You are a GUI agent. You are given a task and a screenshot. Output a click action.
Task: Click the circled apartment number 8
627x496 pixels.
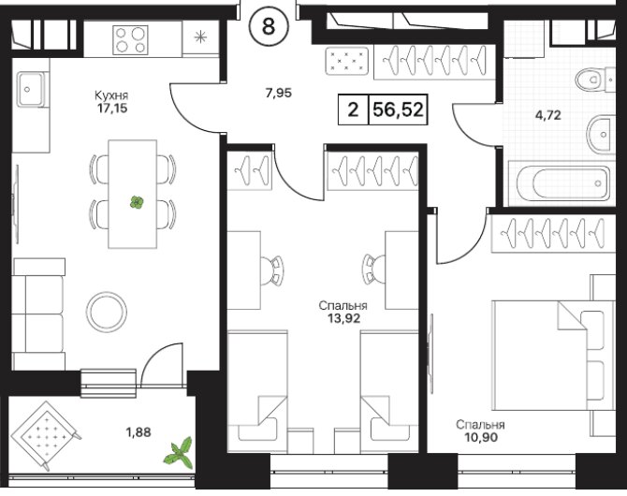pos(269,27)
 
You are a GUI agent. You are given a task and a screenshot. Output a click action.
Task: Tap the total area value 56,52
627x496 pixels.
pos(398,109)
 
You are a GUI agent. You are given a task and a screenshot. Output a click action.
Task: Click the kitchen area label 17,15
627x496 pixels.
pos(112,108)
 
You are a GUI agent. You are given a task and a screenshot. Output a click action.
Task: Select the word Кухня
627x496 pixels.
pos(111,95)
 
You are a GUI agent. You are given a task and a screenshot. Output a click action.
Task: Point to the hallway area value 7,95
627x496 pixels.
pos(279,94)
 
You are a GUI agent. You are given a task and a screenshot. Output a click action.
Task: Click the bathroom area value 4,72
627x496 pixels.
pos(548,116)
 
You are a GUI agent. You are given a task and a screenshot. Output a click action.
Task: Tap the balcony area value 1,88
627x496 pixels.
pos(139,432)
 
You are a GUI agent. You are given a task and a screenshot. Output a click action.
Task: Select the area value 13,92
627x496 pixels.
pos(343,318)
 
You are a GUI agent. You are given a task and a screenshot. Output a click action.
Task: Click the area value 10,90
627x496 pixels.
pos(481,437)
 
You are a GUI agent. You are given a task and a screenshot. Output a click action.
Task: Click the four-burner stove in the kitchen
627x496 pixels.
pos(130,40)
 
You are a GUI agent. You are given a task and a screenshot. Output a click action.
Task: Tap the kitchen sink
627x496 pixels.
pos(31,89)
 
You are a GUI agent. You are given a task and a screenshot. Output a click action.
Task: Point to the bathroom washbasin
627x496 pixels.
pos(601,134)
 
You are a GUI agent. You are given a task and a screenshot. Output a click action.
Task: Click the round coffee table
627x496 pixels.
pos(107,312)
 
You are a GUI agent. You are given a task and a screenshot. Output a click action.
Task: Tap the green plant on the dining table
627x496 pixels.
pos(137,202)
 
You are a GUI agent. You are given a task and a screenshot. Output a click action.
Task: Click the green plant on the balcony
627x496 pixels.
pos(179,453)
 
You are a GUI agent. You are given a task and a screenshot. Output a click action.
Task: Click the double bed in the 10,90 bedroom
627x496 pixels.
pos(554,356)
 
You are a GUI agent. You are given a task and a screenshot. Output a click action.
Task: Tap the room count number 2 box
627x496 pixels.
pos(353,109)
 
